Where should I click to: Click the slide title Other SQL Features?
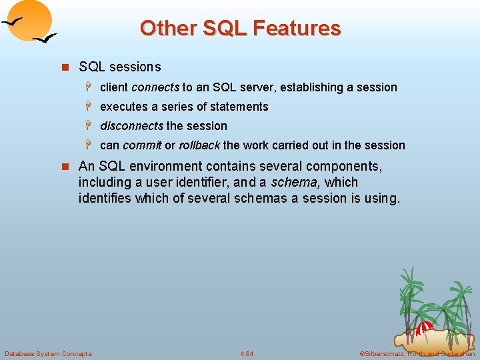[240, 28]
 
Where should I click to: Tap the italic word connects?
[155, 87]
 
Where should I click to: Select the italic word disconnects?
[131, 126]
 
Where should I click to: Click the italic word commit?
[142, 145]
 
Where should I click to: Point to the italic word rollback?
[199, 145]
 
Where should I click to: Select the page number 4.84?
[247, 353]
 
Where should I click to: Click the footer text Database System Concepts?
[49, 353]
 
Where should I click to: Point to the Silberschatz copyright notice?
[417, 353]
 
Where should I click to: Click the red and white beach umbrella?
[424, 329]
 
